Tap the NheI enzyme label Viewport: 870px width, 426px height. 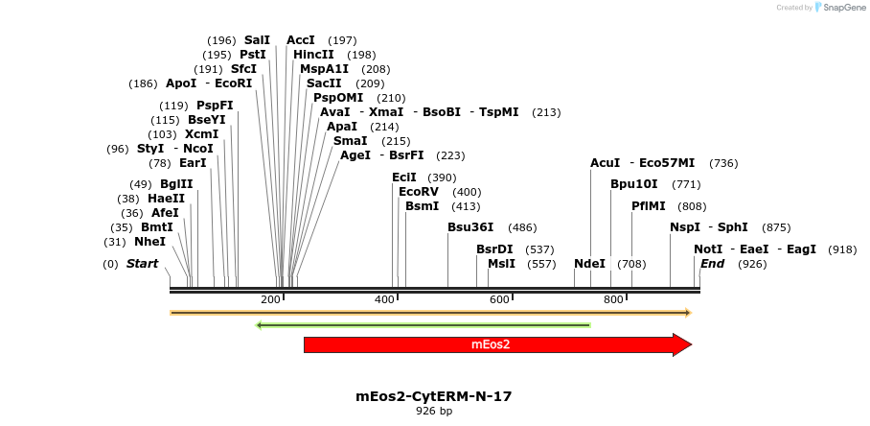click(x=149, y=242)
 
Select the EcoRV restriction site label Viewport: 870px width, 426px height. click(x=419, y=192)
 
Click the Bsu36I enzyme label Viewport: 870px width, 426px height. click(x=470, y=227)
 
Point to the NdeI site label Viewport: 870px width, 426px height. click(x=589, y=264)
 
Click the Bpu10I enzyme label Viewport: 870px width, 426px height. click(x=634, y=184)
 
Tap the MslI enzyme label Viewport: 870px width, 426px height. click(x=501, y=264)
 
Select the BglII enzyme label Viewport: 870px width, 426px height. click(x=176, y=184)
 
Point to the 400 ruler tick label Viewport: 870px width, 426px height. click(x=384, y=300)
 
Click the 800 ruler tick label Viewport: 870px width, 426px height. click(x=613, y=300)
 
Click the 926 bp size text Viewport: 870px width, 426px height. click(x=434, y=411)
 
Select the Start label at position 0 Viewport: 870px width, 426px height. click(x=142, y=264)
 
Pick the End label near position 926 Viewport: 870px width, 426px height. click(x=713, y=264)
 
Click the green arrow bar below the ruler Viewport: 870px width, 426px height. click(x=423, y=325)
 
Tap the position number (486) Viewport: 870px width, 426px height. click(x=522, y=227)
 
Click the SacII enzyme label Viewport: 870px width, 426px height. click(x=324, y=83)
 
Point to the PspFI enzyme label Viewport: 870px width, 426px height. click(x=215, y=106)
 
